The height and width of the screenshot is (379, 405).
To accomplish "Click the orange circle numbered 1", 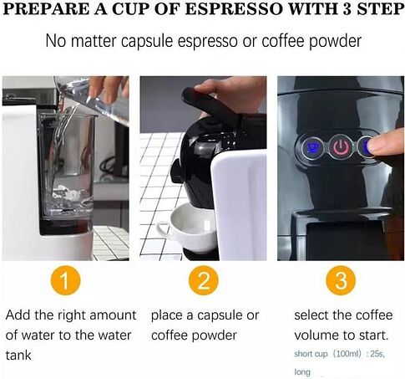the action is pos(66,280).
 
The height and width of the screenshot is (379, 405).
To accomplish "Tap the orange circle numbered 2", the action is pos(203,280).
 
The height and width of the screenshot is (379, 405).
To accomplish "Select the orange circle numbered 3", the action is pos(341,280).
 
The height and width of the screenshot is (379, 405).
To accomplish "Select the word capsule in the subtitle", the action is pos(147,41).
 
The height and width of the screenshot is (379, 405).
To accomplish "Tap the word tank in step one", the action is pos(18,356).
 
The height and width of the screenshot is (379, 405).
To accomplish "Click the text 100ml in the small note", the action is pos(348,354).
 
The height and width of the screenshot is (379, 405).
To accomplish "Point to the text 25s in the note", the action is pos(377,354).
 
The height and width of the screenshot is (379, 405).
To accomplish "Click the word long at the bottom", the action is pos(302,372).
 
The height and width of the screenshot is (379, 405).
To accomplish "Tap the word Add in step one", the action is pos(18,315).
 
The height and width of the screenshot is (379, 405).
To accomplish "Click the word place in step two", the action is pos(166,316).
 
